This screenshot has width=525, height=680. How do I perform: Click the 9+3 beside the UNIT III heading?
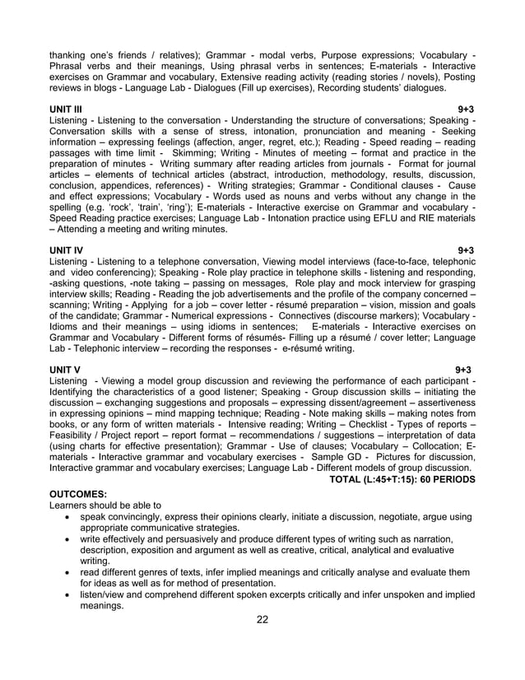pyautogui.click(x=466, y=109)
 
